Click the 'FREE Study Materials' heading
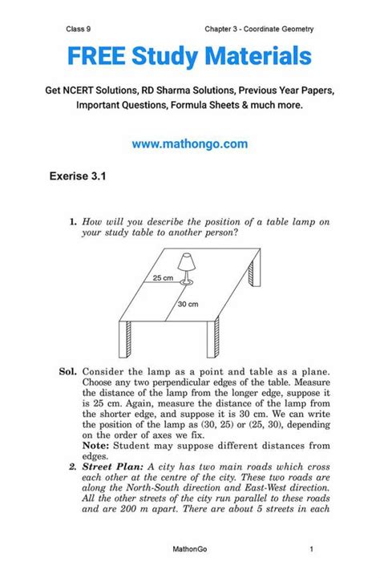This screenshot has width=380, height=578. (x=189, y=57)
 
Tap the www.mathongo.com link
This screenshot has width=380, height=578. (x=189, y=144)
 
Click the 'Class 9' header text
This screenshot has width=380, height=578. (x=82, y=29)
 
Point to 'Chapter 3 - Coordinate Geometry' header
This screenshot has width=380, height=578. (x=259, y=29)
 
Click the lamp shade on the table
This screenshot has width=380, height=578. (x=186, y=263)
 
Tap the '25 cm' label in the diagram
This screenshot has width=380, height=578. (x=163, y=278)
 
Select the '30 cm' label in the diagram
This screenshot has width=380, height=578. (x=188, y=305)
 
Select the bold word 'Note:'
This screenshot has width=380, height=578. (x=94, y=444)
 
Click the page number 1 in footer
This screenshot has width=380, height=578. (x=310, y=548)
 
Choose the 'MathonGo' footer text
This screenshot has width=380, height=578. (x=189, y=548)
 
